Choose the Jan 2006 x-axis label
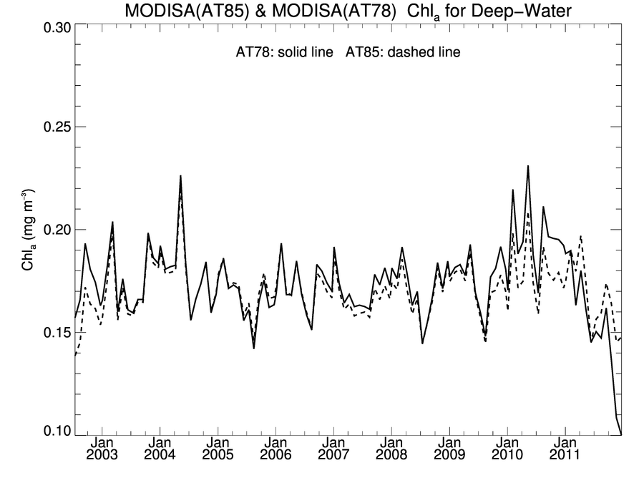click(x=275, y=449)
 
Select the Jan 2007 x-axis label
click(x=333, y=449)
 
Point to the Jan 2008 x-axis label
click(x=391, y=449)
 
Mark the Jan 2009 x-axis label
click(x=449, y=449)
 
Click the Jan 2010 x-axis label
click(x=507, y=449)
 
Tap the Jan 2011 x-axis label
click(x=565, y=449)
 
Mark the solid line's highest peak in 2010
click(x=528, y=166)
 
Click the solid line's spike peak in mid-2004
click(x=180, y=175)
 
